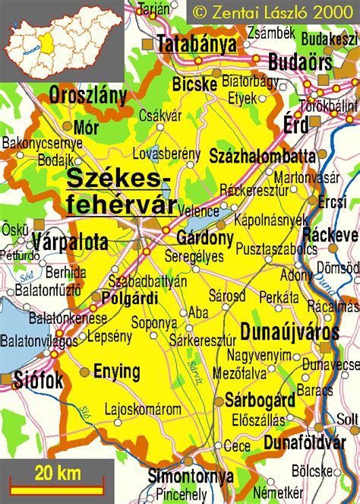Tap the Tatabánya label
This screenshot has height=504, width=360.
(196, 45)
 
